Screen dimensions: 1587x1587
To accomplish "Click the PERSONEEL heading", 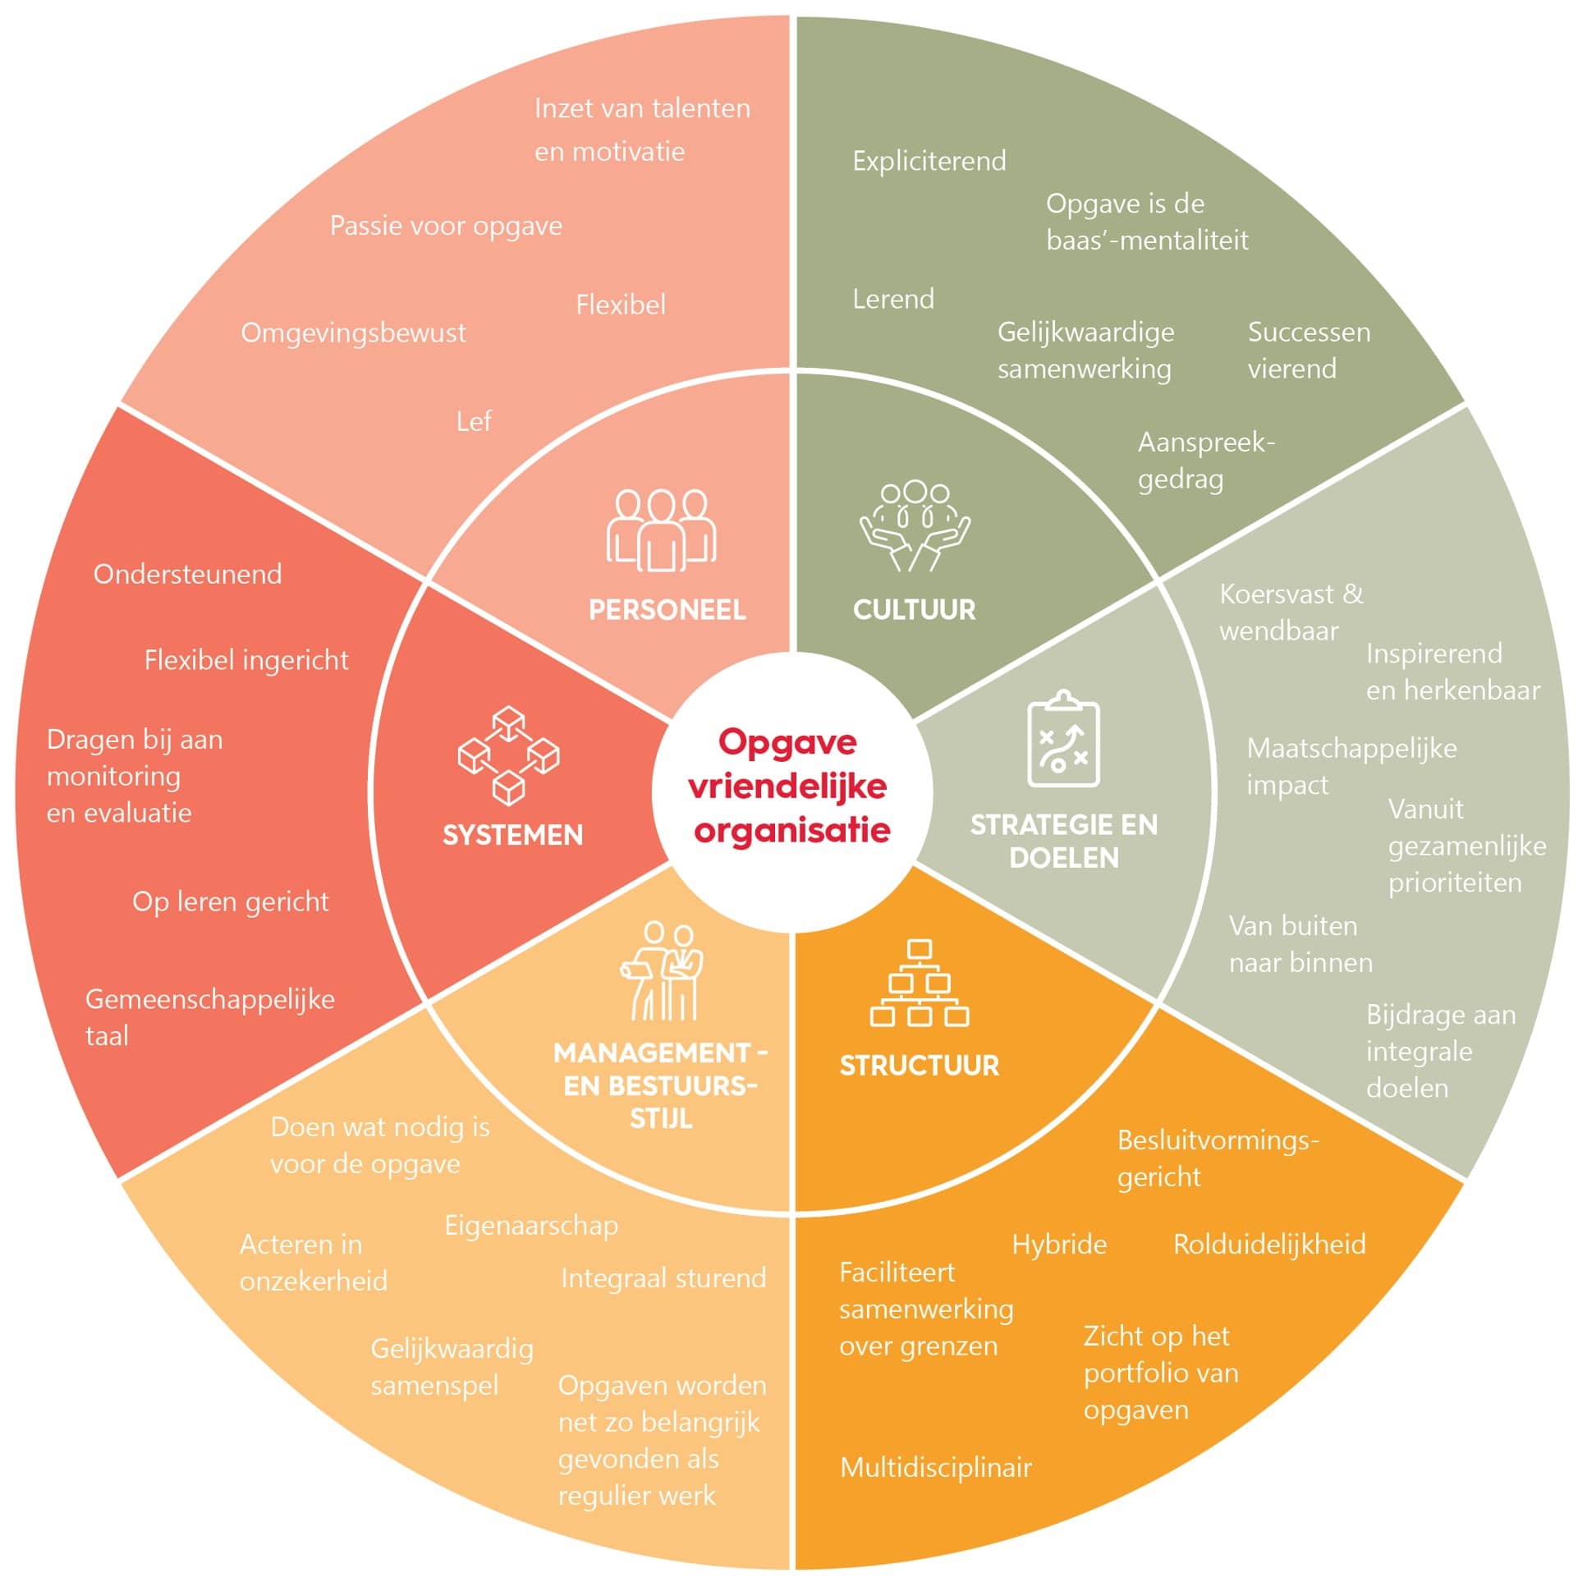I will coord(667,610).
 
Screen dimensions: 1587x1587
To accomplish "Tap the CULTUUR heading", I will coord(915,610).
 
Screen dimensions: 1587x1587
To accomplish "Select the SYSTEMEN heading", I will coord(512,836).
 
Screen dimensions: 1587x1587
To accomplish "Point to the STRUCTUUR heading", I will coord(920,1066).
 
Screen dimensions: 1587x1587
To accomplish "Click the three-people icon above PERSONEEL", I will coord(661,530).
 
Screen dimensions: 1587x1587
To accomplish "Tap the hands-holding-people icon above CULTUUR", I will coord(915,526).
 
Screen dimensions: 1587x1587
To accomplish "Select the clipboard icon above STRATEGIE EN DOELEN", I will coord(1064,739).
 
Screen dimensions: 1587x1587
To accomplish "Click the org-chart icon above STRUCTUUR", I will coord(920,984).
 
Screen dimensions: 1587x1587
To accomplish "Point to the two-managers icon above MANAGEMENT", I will coord(662,972).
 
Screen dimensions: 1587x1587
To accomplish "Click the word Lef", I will coord(473,422).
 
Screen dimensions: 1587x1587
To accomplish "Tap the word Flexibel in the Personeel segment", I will coord(620,305).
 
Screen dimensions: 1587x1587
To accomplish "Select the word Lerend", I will coord(893,299).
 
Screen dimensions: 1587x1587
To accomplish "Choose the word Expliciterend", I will coord(929,161).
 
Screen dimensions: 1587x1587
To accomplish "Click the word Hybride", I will coord(1059,1245).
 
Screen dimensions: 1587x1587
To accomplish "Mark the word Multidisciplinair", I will coord(936,1468).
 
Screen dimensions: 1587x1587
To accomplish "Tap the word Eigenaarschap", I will coord(531,1226).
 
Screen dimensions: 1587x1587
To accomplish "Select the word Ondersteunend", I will coord(187,574).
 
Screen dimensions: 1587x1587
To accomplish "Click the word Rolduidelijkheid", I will coord(1269,1245).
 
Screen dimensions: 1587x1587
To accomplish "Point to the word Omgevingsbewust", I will coord(353,333).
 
